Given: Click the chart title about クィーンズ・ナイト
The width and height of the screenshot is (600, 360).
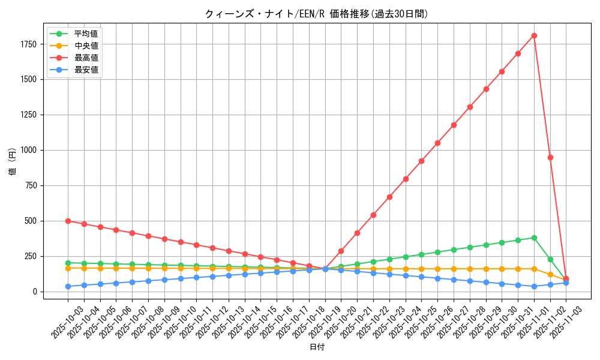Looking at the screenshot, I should pyautogui.click(x=316, y=14).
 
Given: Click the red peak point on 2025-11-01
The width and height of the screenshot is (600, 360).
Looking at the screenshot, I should pyautogui.click(x=534, y=35).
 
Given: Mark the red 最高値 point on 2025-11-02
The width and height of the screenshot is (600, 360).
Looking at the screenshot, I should pyautogui.click(x=550, y=157).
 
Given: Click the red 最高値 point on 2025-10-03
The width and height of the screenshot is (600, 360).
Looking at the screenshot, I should pyautogui.click(x=68, y=221).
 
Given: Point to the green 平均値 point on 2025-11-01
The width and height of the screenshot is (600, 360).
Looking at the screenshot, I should pyautogui.click(x=534, y=238).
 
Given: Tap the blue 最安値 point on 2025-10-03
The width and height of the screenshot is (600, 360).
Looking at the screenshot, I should pyautogui.click(x=68, y=286).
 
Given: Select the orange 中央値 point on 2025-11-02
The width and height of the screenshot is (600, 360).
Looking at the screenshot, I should pyautogui.click(x=550, y=274).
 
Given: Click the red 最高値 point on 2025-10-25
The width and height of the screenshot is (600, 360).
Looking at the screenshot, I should pyautogui.click(x=421, y=161).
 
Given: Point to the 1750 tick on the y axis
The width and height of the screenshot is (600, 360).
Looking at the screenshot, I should pyautogui.click(x=29, y=44).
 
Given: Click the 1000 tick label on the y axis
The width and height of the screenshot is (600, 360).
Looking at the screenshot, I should pyautogui.click(x=29, y=150).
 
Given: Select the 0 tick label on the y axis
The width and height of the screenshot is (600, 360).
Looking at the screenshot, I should pyautogui.click(x=35, y=292).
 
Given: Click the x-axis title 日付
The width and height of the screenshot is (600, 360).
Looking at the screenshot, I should pyautogui.click(x=316, y=347).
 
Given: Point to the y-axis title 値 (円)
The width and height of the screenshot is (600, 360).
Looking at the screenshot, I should pyautogui.click(x=13, y=162).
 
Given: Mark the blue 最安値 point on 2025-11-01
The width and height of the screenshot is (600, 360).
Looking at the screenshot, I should pyautogui.click(x=534, y=286).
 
